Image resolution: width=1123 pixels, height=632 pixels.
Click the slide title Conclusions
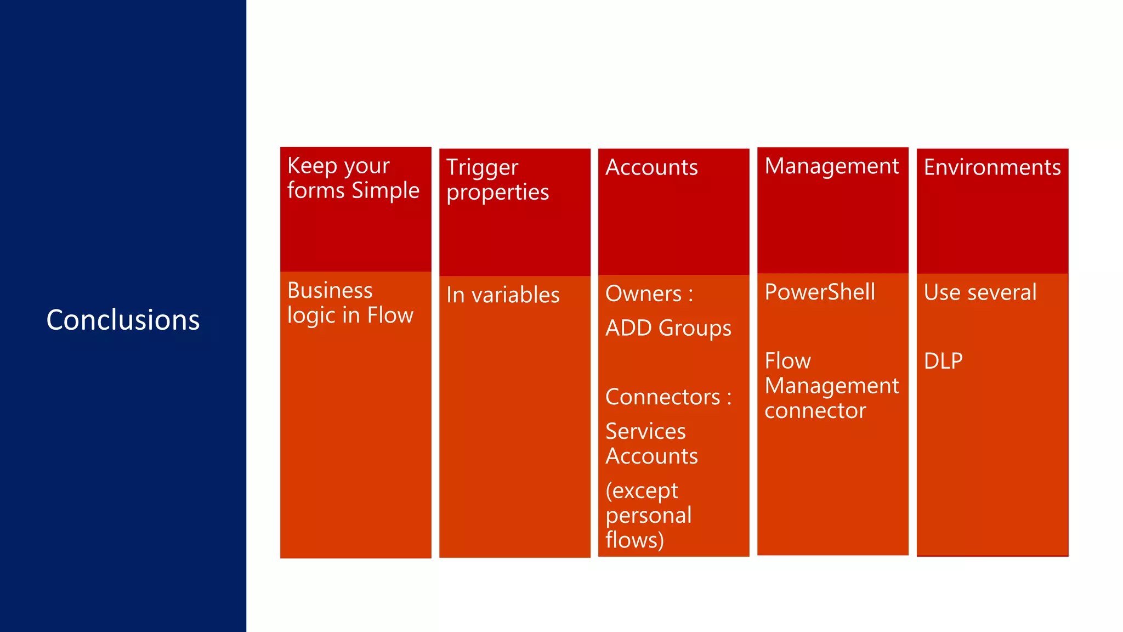[123, 320]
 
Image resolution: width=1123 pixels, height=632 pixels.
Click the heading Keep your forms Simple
[353, 178]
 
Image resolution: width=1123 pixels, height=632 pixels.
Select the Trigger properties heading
[497, 180]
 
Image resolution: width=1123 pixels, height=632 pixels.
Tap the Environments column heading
[992, 167]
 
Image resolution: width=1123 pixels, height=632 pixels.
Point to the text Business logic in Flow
[350, 303]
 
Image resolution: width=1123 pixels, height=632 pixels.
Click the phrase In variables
[503, 295]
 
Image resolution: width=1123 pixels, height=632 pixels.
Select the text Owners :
[649, 294]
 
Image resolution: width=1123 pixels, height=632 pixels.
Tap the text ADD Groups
[668, 328]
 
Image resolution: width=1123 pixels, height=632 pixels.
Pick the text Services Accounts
[651, 444]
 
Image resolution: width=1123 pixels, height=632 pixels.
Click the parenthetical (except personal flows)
[648, 515]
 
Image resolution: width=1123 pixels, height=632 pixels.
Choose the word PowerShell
[820, 292]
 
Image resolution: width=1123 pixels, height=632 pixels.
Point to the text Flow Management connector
[831, 386]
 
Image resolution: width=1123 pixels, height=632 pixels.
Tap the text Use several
[980, 292]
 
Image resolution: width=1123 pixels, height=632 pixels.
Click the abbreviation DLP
[943, 361]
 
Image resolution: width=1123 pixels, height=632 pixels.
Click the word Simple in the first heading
[385, 191]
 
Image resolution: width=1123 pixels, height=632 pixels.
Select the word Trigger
[482, 168]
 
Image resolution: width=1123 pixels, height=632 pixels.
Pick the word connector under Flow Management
[815, 411]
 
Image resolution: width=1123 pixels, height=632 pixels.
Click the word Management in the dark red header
[832, 166]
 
